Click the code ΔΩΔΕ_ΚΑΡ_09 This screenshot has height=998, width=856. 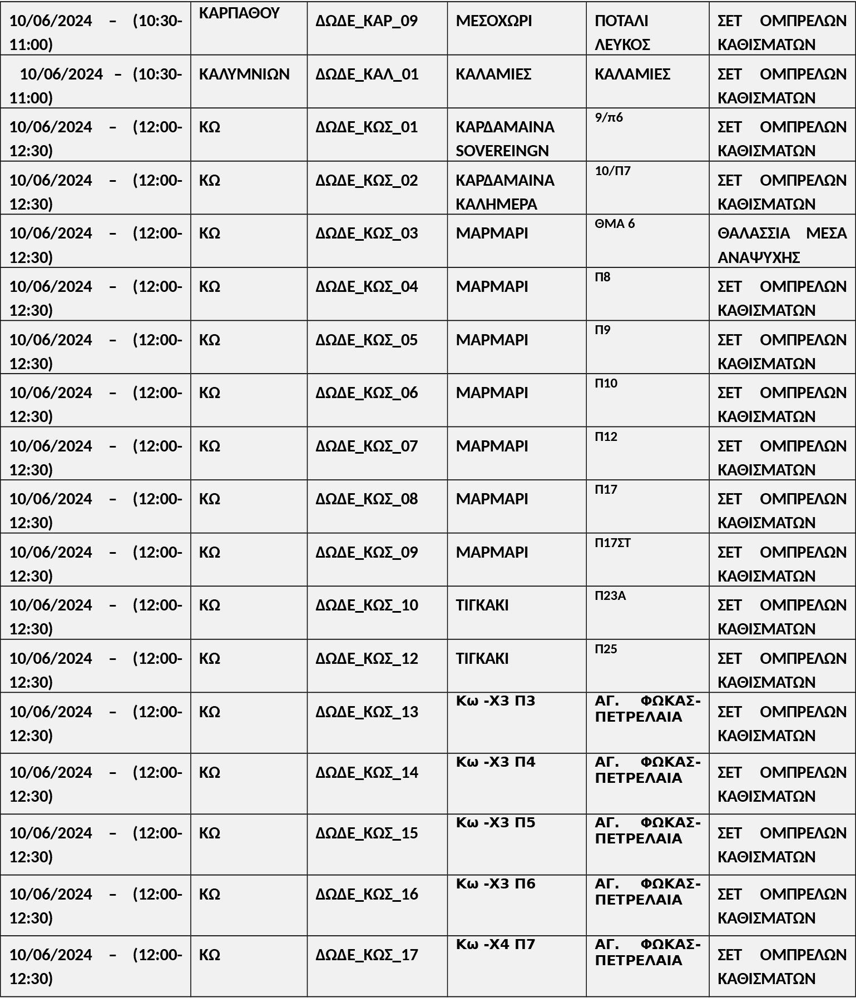(367, 21)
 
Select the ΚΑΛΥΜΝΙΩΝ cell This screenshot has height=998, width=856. (244, 74)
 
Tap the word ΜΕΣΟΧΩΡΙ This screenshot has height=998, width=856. (493, 21)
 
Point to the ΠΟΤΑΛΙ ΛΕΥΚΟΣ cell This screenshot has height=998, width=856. (622, 33)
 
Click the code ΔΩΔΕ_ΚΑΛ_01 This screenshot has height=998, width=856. (367, 74)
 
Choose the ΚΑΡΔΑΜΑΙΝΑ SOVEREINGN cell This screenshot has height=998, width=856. (504, 139)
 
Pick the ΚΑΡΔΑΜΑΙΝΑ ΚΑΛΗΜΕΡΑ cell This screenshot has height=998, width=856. (504, 192)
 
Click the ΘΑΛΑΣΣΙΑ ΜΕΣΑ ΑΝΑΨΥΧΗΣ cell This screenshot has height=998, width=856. (781, 245)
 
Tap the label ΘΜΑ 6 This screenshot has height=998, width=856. (615, 224)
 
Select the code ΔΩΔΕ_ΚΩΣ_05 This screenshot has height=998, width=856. (367, 340)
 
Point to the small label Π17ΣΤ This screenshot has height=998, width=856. (612, 543)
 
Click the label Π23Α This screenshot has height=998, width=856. (610, 596)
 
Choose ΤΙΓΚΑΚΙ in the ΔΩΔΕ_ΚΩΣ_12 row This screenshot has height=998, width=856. (482, 658)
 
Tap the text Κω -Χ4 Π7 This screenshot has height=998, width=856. (495, 944)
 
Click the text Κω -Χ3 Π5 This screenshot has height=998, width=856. (495, 822)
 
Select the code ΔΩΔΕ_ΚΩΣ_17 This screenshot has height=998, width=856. (367, 955)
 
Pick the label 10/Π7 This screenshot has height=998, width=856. (612, 171)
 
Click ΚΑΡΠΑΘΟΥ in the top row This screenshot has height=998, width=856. (239, 13)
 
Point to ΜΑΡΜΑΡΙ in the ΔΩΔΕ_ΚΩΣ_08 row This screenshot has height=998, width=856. (492, 499)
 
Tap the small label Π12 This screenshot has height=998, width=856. (606, 436)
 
